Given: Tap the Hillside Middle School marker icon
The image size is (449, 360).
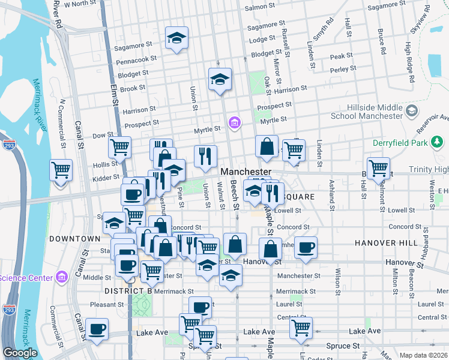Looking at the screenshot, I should (412, 111).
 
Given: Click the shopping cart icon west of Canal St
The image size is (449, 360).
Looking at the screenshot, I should (61, 170).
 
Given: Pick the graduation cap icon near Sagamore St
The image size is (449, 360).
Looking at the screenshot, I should (177, 38).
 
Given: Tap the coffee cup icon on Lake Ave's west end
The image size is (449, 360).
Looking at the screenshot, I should (97, 329).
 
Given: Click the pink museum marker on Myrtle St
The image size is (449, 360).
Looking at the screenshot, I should (234, 124).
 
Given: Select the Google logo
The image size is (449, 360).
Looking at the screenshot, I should (20, 353).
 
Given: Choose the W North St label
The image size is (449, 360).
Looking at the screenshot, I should (80, 4).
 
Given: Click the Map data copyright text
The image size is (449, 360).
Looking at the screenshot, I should (423, 355).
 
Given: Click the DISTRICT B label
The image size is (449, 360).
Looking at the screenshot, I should (128, 291).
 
